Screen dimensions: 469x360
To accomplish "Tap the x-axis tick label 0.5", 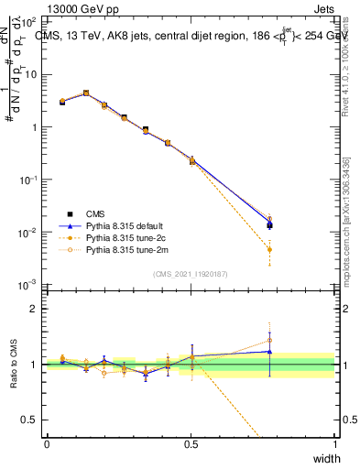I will (191, 444).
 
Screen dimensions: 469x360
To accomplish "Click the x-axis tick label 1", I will (335, 444).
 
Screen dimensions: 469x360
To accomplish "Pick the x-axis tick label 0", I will (47, 444).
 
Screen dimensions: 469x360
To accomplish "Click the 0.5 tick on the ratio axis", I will (30, 420).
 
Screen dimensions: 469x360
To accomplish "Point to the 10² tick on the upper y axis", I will (30, 22).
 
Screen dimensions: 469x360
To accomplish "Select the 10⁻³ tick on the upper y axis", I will (30, 286).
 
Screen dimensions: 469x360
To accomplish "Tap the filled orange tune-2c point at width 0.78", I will (269, 249).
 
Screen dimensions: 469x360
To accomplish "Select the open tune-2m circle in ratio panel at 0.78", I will (269, 340).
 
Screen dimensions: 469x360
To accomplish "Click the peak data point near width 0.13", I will (86, 93).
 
